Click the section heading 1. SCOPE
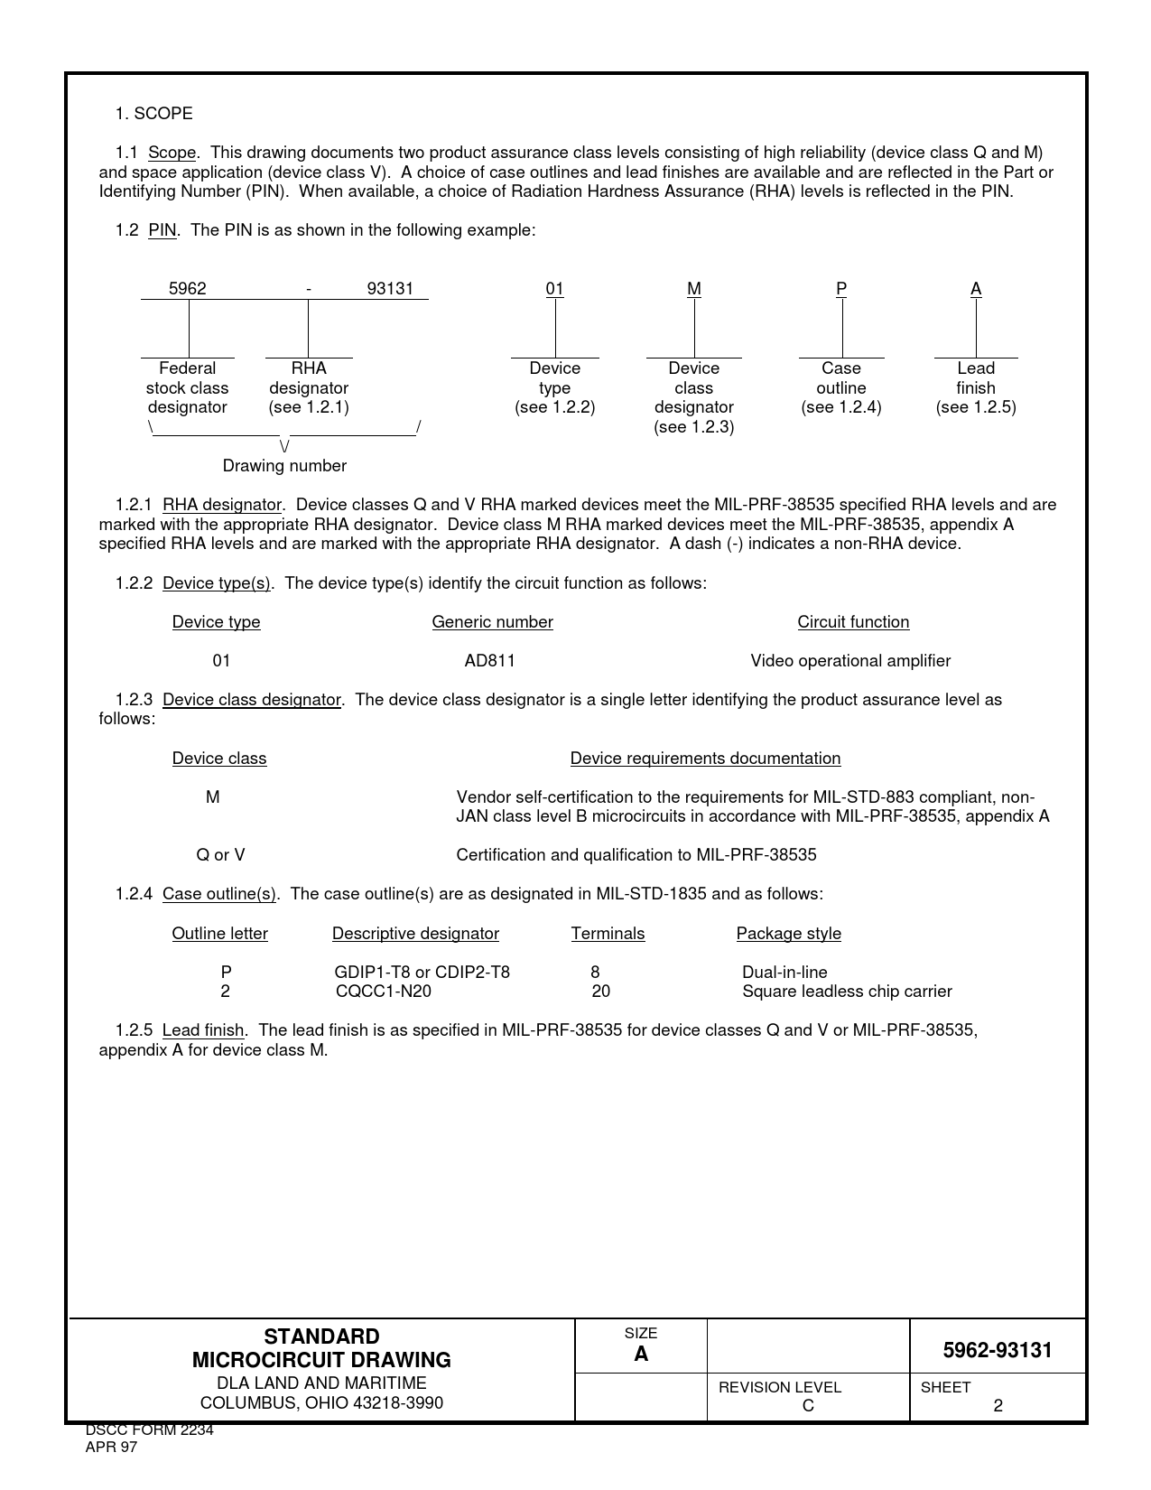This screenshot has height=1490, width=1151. (153, 114)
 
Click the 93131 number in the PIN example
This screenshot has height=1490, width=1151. (390, 289)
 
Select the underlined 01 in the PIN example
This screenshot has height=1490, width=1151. (554, 289)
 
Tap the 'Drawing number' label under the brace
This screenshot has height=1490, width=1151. (284, 466)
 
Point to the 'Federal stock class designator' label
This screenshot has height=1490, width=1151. (187, 387)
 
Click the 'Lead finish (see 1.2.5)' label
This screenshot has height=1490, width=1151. (976, 387)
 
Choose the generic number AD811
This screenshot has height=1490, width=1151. (489, 661)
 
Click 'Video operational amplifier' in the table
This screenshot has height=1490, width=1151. (850, 661)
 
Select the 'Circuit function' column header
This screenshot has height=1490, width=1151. (853, 622)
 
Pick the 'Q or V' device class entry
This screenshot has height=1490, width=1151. (220, 855)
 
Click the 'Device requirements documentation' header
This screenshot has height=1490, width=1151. (705, 759)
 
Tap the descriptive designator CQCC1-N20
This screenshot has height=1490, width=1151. (384, 992)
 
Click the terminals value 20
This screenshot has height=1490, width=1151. (600, 992)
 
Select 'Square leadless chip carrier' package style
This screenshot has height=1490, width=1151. (847, 992)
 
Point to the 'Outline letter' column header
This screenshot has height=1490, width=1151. (219, 934)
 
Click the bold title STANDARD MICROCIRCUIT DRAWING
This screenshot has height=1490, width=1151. (321, 1348)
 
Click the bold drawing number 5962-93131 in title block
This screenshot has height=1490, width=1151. (998, 1351)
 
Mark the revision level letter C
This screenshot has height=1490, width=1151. (808, 1406)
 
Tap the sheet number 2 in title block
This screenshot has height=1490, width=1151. (998, 1406)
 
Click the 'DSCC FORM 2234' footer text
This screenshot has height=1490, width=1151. (149, 1430)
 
